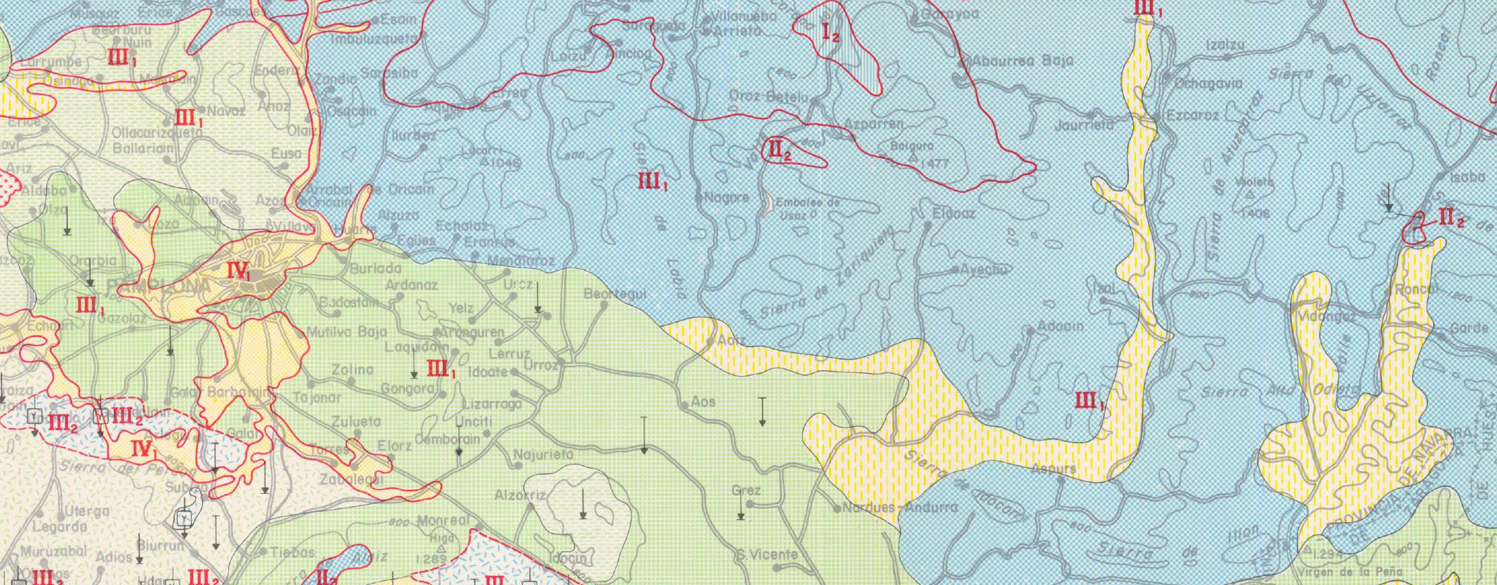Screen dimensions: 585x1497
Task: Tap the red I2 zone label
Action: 831,32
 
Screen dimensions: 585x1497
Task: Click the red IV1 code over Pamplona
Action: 239,271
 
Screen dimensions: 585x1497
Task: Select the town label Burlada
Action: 375,269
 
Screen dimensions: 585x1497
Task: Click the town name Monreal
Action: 443,521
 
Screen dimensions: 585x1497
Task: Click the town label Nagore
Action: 727,198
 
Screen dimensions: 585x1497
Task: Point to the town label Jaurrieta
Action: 1084,126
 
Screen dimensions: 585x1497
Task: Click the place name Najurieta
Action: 544,454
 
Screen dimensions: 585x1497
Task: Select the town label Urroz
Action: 541,365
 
